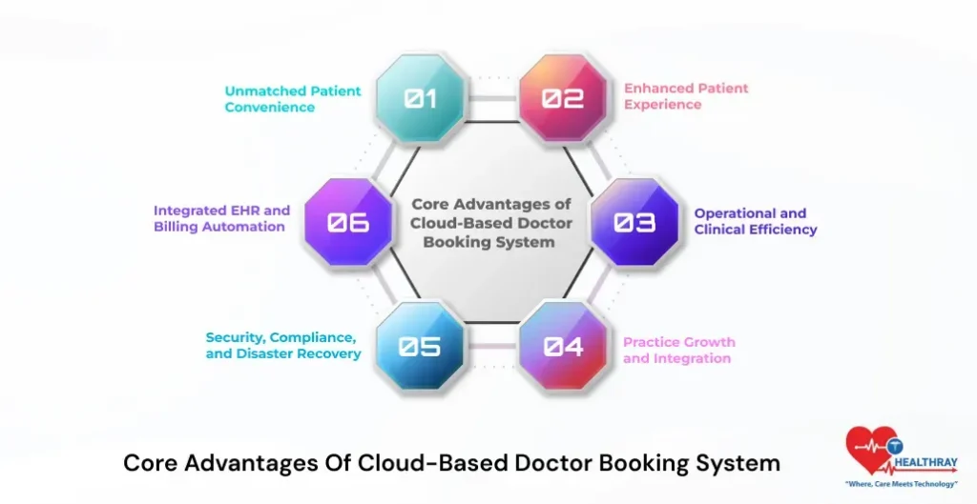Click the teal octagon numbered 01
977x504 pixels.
(420, 98)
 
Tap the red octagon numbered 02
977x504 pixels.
(563, 98)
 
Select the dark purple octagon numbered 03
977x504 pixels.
(634, 222)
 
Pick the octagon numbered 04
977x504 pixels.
(563, 346)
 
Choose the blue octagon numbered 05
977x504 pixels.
(420, 346)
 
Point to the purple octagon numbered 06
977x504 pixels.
(348, 222)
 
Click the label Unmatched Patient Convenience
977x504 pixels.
(293, 99)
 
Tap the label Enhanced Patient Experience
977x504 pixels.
(686, 96)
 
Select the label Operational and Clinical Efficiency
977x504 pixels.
(755, 221)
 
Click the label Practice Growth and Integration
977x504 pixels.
(678, 351)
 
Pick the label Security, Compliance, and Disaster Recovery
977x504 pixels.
(283, 346)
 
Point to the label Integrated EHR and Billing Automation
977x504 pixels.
(221, 218)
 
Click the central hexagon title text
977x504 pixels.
(490, 222)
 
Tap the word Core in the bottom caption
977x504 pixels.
(152, 464)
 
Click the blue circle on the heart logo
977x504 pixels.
(893, 444)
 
